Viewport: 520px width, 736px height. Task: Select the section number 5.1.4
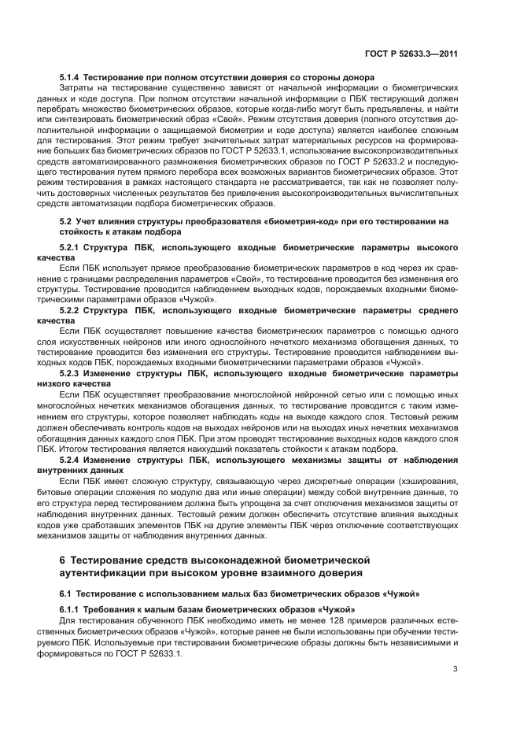pyautogui.click(x=70, y=76)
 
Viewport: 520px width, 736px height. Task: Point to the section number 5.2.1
pyautogui.click(x=70, y=248)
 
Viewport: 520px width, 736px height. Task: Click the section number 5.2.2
pyautogui.click(x=70, y=310)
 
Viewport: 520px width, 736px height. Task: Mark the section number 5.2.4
pyautogui.click(x=70, y=458)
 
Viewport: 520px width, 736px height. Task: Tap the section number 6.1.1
pyautogui.click(x=70, y=610)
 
